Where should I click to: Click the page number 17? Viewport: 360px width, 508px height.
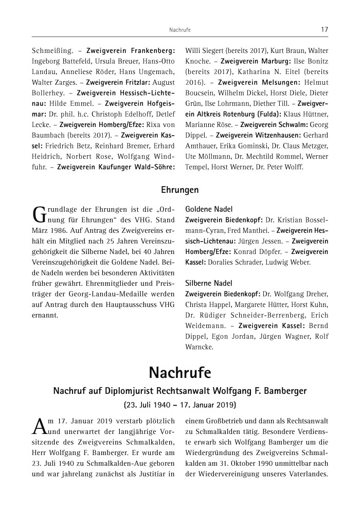pyautogui.click(x=325, y=30)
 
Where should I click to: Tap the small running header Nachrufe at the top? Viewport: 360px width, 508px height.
pyautogui.click(x=180, y=30)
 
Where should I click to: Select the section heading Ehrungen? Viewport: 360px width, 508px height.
pyautogui.click(x=180, y=190)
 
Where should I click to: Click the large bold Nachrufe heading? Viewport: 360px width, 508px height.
pyautogui.click(x=180, y=372)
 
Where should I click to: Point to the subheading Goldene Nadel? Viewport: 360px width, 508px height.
pyautogui.click(x=209, y=209)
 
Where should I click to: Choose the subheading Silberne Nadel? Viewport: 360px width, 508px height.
pyautogui.click(x=209, y=283)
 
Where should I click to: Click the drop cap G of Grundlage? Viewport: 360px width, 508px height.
pyautogui.click(x=39, y=215)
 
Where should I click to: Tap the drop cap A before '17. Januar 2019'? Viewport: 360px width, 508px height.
pyautogui.click(x=39, y=425)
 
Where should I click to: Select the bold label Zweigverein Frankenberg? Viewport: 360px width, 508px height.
pyautogui.click(x=131, y=51)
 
